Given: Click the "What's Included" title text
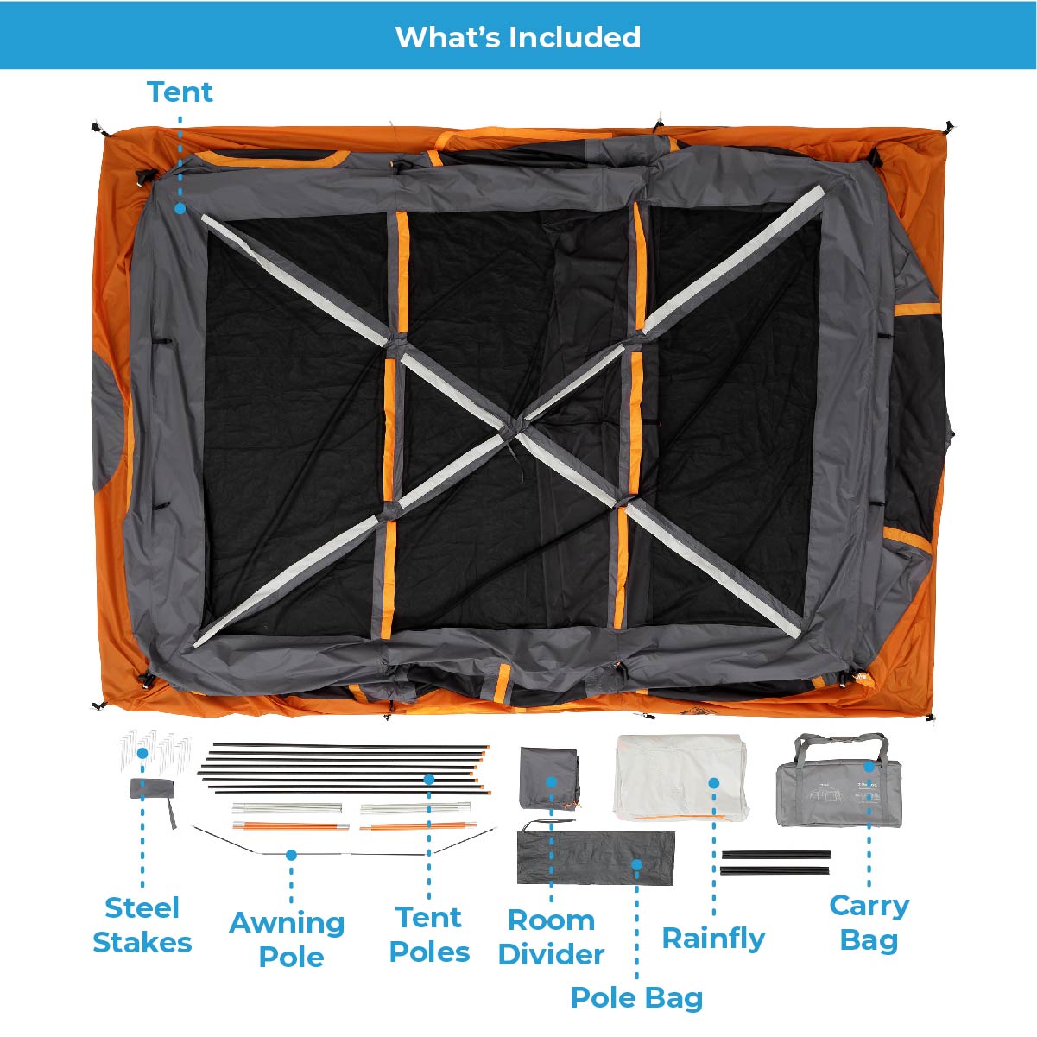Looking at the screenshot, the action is [518, 36].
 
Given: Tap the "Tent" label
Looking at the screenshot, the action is [180, 92].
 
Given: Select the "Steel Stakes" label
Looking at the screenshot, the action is [142, 925].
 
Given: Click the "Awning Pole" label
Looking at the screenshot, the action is [287, 939].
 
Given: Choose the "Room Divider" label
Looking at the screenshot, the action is [551, 937].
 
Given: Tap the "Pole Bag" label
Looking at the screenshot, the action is [636, 998].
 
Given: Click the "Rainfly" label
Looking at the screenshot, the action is [713, 939].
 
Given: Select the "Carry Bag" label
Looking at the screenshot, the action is [869, 923].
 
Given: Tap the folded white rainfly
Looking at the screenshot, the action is [680, 777].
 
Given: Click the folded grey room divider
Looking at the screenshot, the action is [550, 778].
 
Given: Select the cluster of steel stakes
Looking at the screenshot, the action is [155, 747].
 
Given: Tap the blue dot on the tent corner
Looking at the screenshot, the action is [180, 208].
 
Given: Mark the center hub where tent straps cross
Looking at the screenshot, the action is [515, 427].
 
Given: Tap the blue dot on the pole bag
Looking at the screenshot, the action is [636, 865].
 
